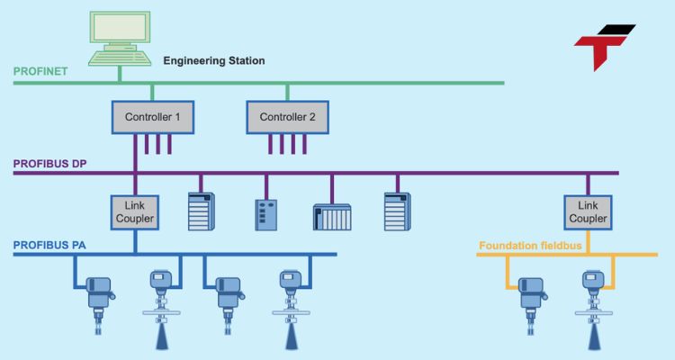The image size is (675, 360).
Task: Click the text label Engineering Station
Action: (x=213, y=61)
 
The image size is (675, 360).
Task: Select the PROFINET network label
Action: (x=40, y=71)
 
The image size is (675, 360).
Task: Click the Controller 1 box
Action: (x=152, y=117)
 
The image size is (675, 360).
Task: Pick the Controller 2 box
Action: (x=287, y=117)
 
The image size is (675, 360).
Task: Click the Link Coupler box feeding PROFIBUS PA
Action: (x=134, y=212)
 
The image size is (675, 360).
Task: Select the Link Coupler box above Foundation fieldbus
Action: (x=587, y=212)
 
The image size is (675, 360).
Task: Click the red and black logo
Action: (x=604, y=45)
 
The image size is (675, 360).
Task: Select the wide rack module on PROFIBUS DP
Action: (x=331, y=217)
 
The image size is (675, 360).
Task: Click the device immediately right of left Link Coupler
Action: (x=200, y=214)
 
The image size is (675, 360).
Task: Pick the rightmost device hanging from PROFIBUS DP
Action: (x=397, y=214)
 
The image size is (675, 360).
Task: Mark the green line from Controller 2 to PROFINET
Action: (x=287, y=91)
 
